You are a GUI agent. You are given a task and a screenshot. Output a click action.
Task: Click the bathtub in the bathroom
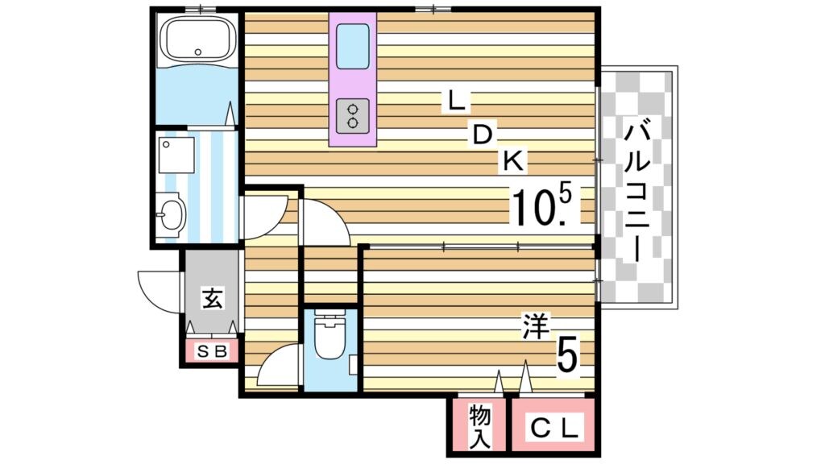(197, 39)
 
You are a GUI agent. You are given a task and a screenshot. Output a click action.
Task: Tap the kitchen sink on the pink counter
(353, 46)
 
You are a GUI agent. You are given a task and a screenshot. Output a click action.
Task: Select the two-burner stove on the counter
(353, 114)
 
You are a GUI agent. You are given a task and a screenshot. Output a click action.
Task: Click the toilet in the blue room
(329, 337)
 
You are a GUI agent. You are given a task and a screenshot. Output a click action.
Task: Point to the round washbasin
(172, 215)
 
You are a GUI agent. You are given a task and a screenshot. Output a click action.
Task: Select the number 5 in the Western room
(567, 354)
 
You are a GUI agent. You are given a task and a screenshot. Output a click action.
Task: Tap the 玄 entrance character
(212, 299)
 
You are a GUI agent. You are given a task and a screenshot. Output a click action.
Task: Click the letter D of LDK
(483, 135)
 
